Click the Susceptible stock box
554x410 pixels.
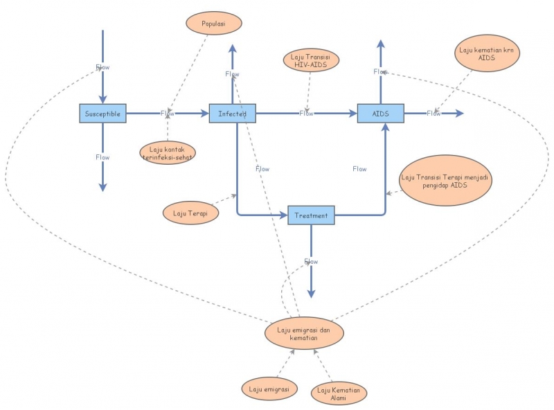tap(102, 113)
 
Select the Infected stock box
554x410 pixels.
tap(233, 113)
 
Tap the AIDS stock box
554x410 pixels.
tap(380, 113)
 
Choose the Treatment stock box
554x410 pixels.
tap(311, 215)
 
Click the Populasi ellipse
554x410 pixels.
tap(214, 23)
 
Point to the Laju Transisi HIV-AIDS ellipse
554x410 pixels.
tap(311, 60)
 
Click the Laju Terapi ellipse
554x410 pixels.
tap(190, 213)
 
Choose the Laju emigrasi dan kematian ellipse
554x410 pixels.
tap(304, 333)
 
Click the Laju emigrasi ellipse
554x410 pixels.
tap(269, 389)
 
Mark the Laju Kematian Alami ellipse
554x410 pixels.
tap(339, 393)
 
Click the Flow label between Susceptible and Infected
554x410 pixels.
tap(168, 113)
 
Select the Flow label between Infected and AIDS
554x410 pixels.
tap(306, 113)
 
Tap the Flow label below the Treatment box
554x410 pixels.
tap(311, 261)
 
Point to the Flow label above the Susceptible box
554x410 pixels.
tap(102, 67)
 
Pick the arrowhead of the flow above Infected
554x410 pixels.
tap(233, 46)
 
